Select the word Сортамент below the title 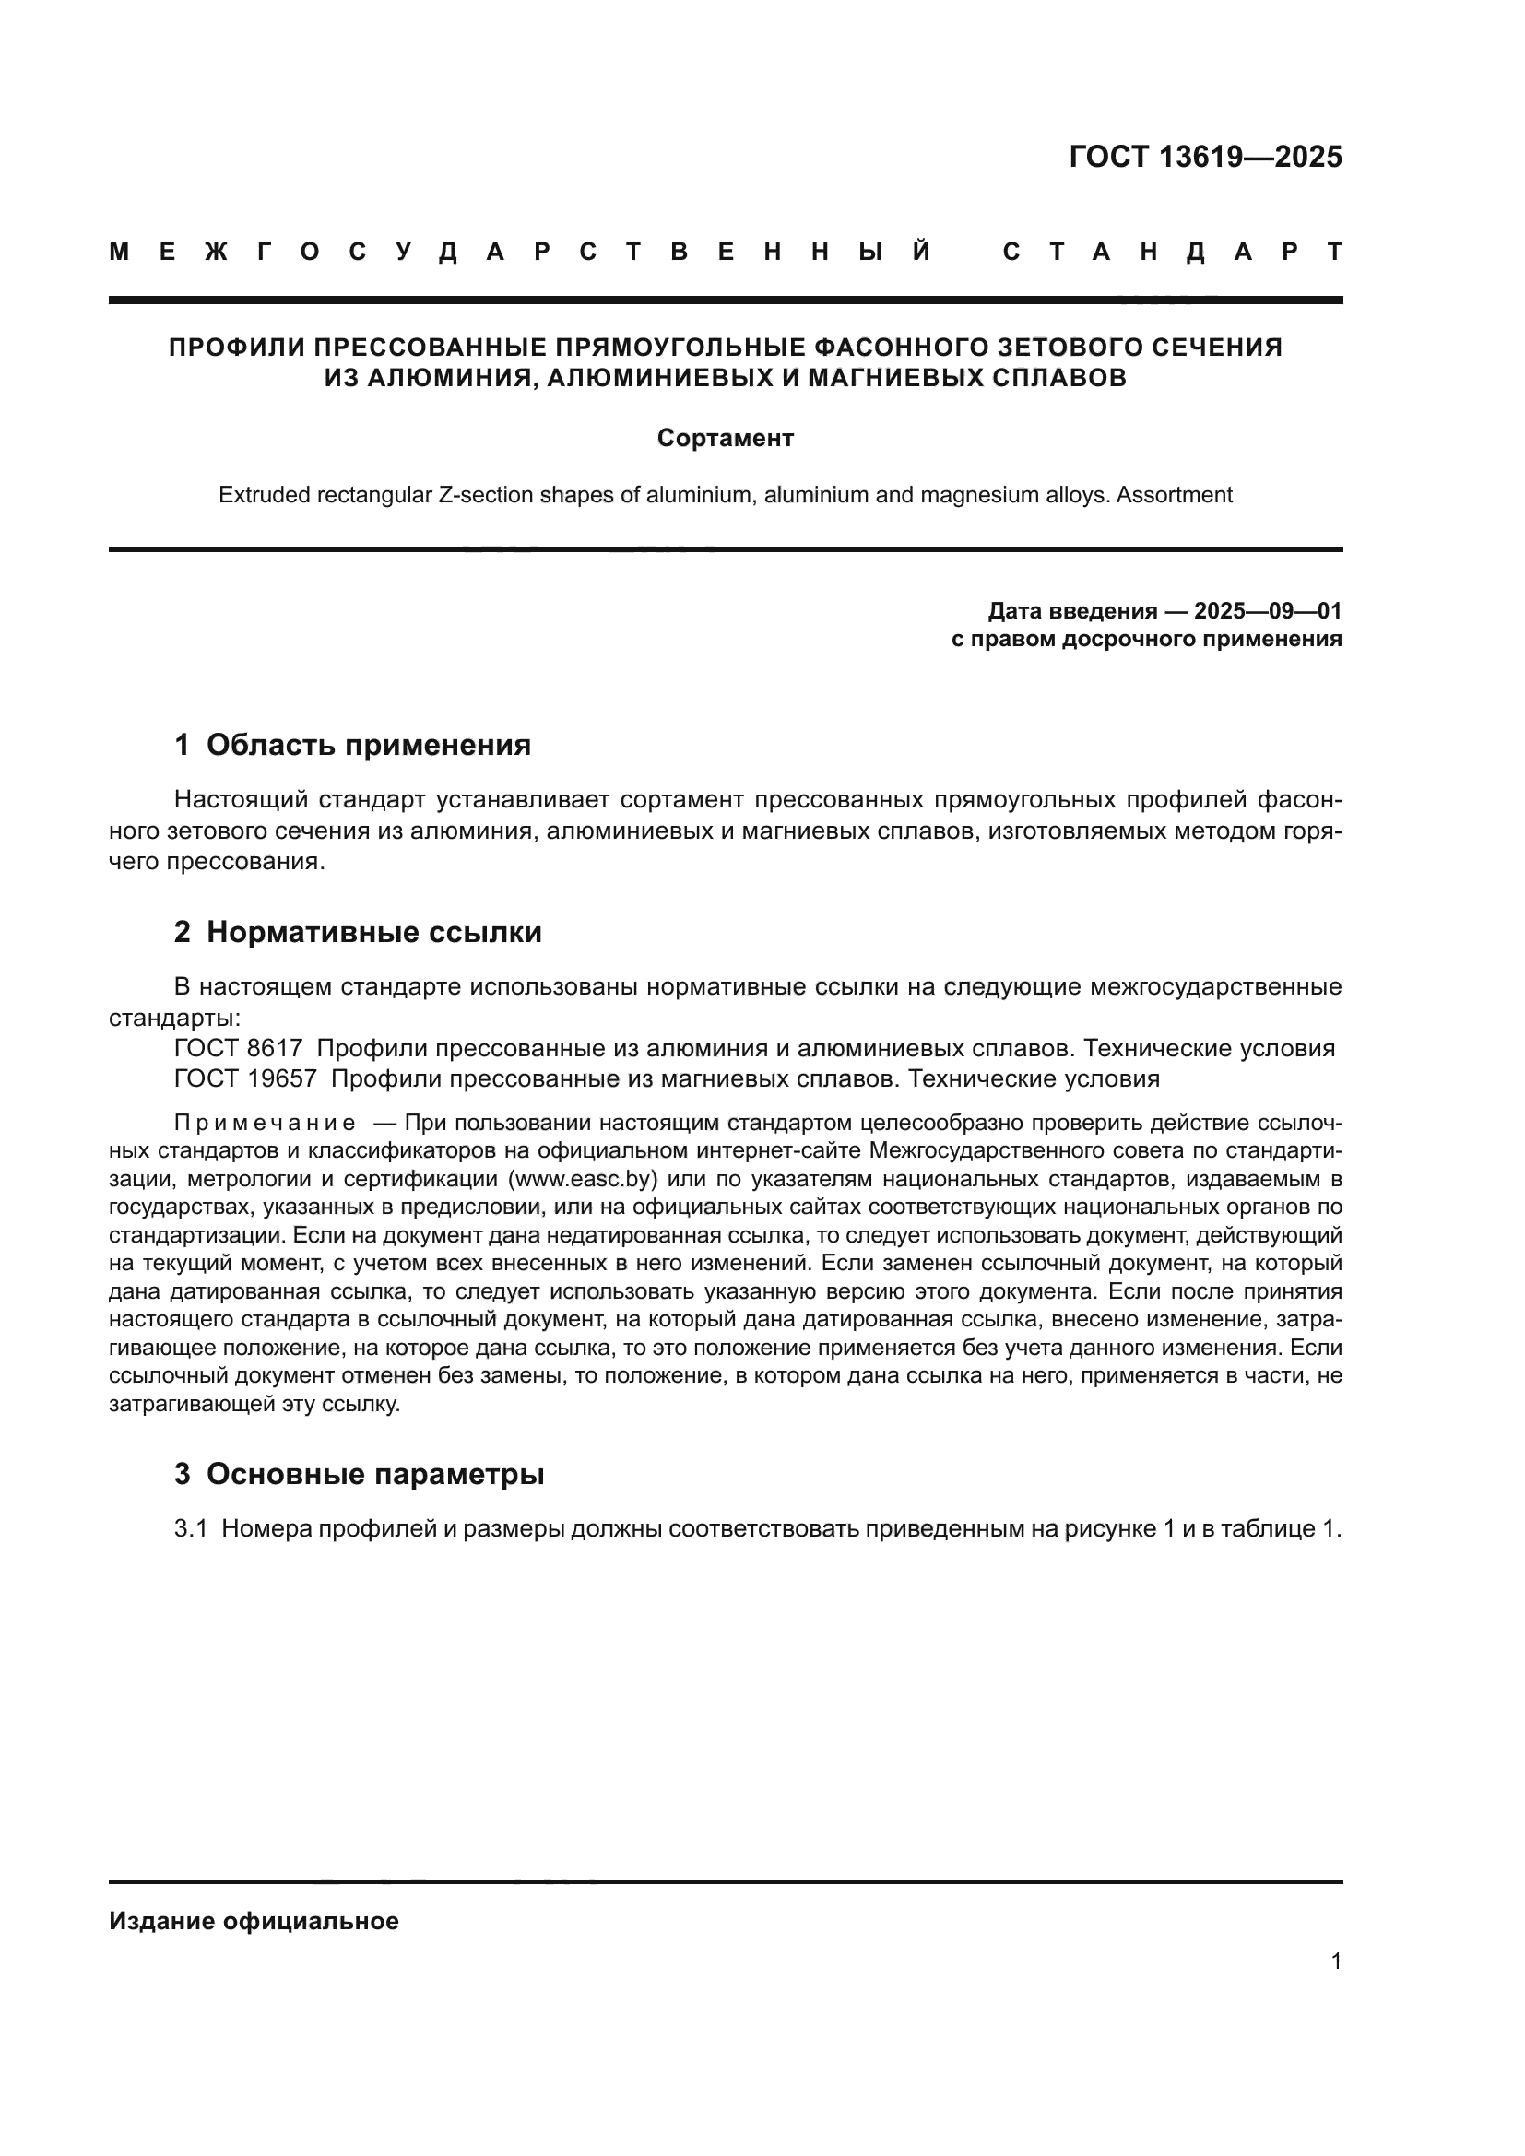[x=725, y=439]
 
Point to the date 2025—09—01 [x=1268, y=611]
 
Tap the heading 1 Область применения [x=352, y=745]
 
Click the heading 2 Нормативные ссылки [x=358, y=932]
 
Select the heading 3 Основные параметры [x=359, y=1473]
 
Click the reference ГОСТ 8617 [x=239, y=1048]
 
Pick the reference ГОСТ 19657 [x=245, y=1078]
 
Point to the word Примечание [x=265, y=1123]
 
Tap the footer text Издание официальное [x=254, y=1920]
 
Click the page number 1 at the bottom [x=1335, y=1961]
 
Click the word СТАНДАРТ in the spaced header [x=1172, y=252]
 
